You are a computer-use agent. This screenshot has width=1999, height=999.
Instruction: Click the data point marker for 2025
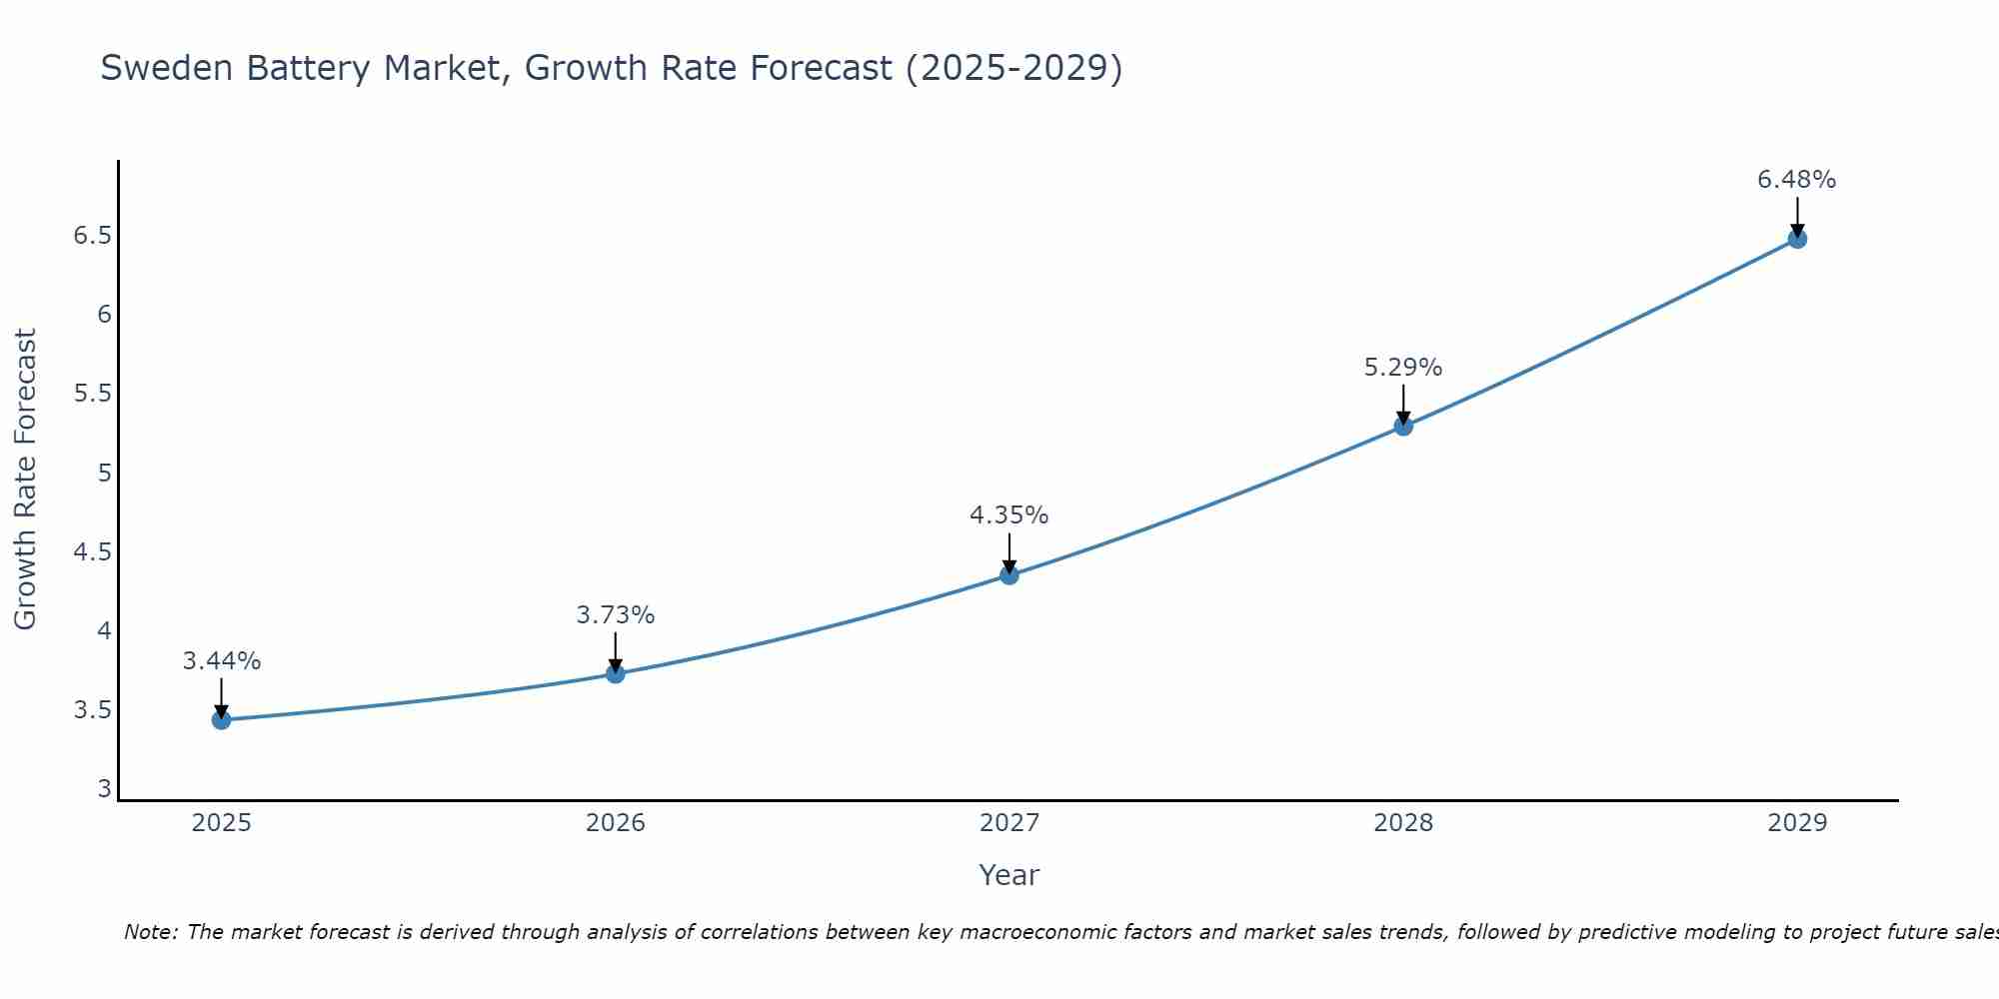(222, 720)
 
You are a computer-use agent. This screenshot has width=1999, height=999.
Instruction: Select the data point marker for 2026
(616, 674)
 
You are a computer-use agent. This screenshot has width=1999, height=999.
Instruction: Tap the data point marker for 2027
(1009, 575)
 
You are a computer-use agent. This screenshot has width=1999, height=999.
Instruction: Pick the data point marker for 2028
(1403, 427)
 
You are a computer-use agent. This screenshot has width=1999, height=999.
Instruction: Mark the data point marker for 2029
(1797, 239)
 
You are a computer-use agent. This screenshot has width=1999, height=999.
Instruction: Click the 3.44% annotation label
(222, 661)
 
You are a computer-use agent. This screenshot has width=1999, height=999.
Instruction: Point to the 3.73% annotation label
(616, 615)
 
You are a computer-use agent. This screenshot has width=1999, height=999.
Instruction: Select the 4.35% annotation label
(1009, 515)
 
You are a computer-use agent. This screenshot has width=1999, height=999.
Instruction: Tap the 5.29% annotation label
(1403, 368)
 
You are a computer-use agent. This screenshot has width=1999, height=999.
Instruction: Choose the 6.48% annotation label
(1797, 180)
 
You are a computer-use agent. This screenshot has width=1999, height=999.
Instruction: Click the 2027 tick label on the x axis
(1009, 823)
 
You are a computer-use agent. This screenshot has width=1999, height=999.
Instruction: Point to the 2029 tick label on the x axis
(1797, 823)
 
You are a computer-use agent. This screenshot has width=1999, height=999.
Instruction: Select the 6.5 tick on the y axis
(92, 236)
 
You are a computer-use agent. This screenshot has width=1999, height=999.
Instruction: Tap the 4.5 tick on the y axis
(92, 552)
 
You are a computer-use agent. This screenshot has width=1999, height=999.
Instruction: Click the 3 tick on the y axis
(104, 789)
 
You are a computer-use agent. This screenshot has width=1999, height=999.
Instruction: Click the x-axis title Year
(1009, 875)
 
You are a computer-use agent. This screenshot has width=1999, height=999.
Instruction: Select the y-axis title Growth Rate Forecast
(25, 480)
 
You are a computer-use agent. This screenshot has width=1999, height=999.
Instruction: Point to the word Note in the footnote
(149, 932)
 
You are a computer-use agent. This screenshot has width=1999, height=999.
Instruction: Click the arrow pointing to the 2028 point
(1403, 405)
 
